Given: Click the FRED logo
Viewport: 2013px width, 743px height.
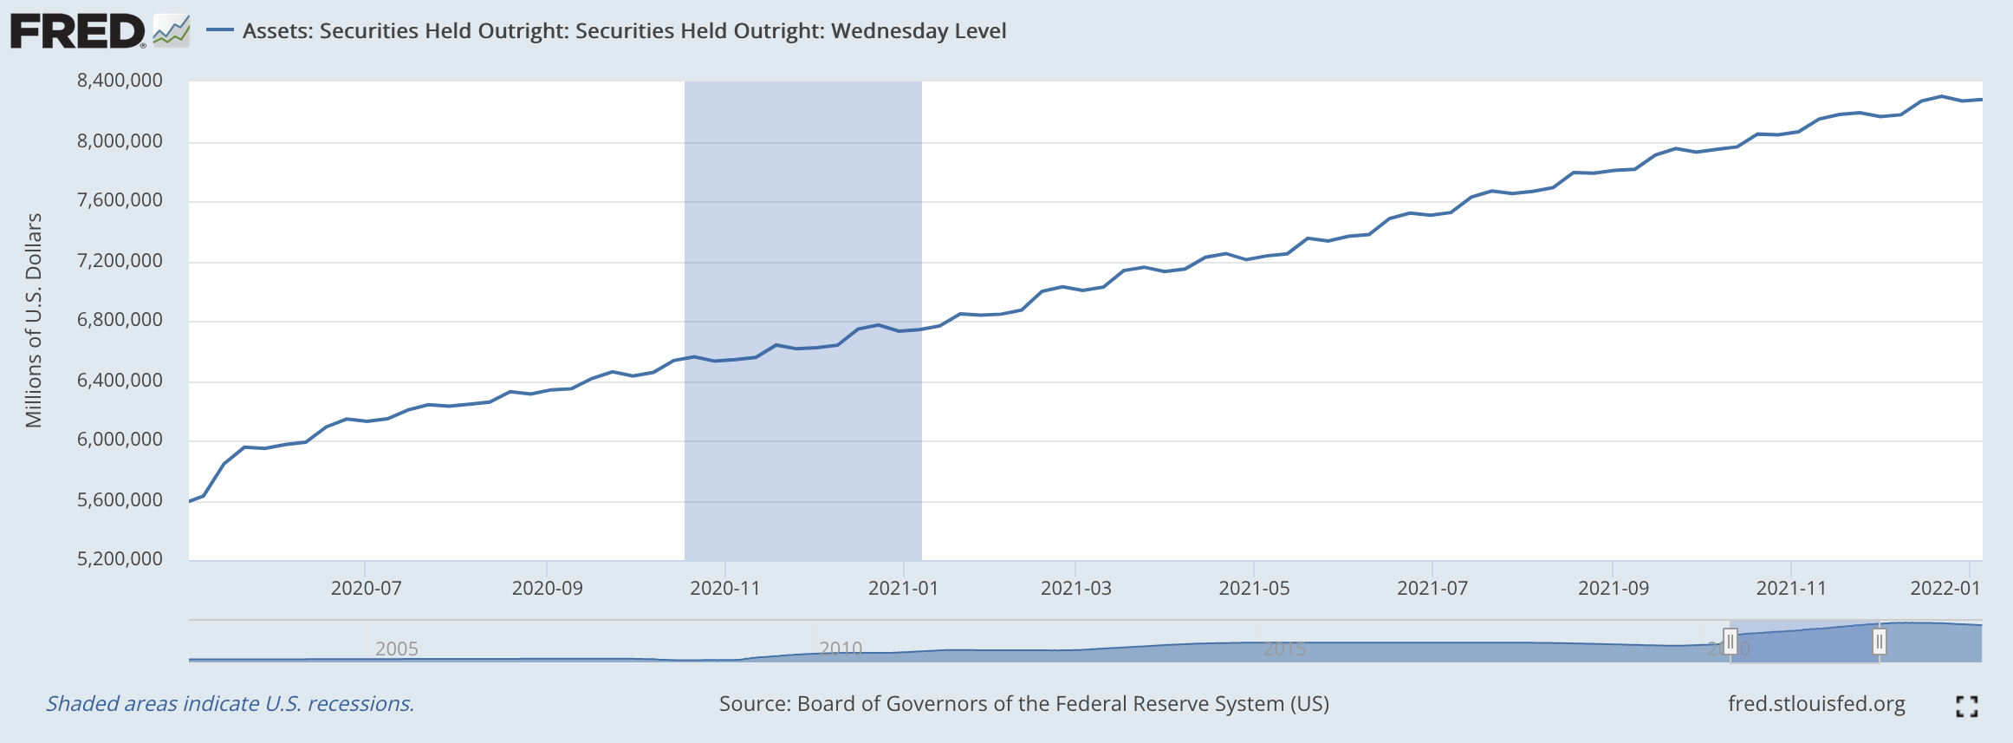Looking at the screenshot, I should (78, 32).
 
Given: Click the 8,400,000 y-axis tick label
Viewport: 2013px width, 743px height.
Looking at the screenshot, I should (120, 81).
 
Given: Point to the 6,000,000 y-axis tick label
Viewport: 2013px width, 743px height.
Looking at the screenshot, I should (120, 440).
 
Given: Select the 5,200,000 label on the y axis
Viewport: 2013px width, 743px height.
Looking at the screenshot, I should (120, 559).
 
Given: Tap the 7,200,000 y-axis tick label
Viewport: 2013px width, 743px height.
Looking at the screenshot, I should (120, 261).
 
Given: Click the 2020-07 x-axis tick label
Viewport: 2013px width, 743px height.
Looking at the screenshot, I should (366, 589).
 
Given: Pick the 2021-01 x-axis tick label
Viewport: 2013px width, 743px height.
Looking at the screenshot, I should (903, 589).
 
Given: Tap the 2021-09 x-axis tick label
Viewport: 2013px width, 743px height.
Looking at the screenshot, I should (1613, 589).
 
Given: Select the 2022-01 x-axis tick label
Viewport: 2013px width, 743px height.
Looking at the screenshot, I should (1945, 589).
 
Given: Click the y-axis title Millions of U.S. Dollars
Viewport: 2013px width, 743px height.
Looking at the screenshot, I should (34, 321).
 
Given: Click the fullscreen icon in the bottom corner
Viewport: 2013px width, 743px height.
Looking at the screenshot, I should (1966, 707).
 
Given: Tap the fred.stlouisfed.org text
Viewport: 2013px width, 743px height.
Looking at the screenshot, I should (1816, 704).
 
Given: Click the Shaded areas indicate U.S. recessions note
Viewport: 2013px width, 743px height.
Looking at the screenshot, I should (230, 704).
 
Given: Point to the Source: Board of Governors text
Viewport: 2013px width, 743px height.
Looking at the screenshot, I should (1023, 704).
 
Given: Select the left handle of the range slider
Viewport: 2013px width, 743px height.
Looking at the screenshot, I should (1730, 642).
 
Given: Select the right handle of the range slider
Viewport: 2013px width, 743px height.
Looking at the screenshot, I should (1879, 642).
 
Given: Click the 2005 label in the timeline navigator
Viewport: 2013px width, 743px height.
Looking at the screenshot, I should (397, 648).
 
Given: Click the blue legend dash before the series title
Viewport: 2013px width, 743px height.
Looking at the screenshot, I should (220, 31).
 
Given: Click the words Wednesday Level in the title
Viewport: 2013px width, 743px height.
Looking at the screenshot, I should (919, 31).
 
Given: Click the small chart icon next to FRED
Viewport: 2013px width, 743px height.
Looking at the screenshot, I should (172, 31).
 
